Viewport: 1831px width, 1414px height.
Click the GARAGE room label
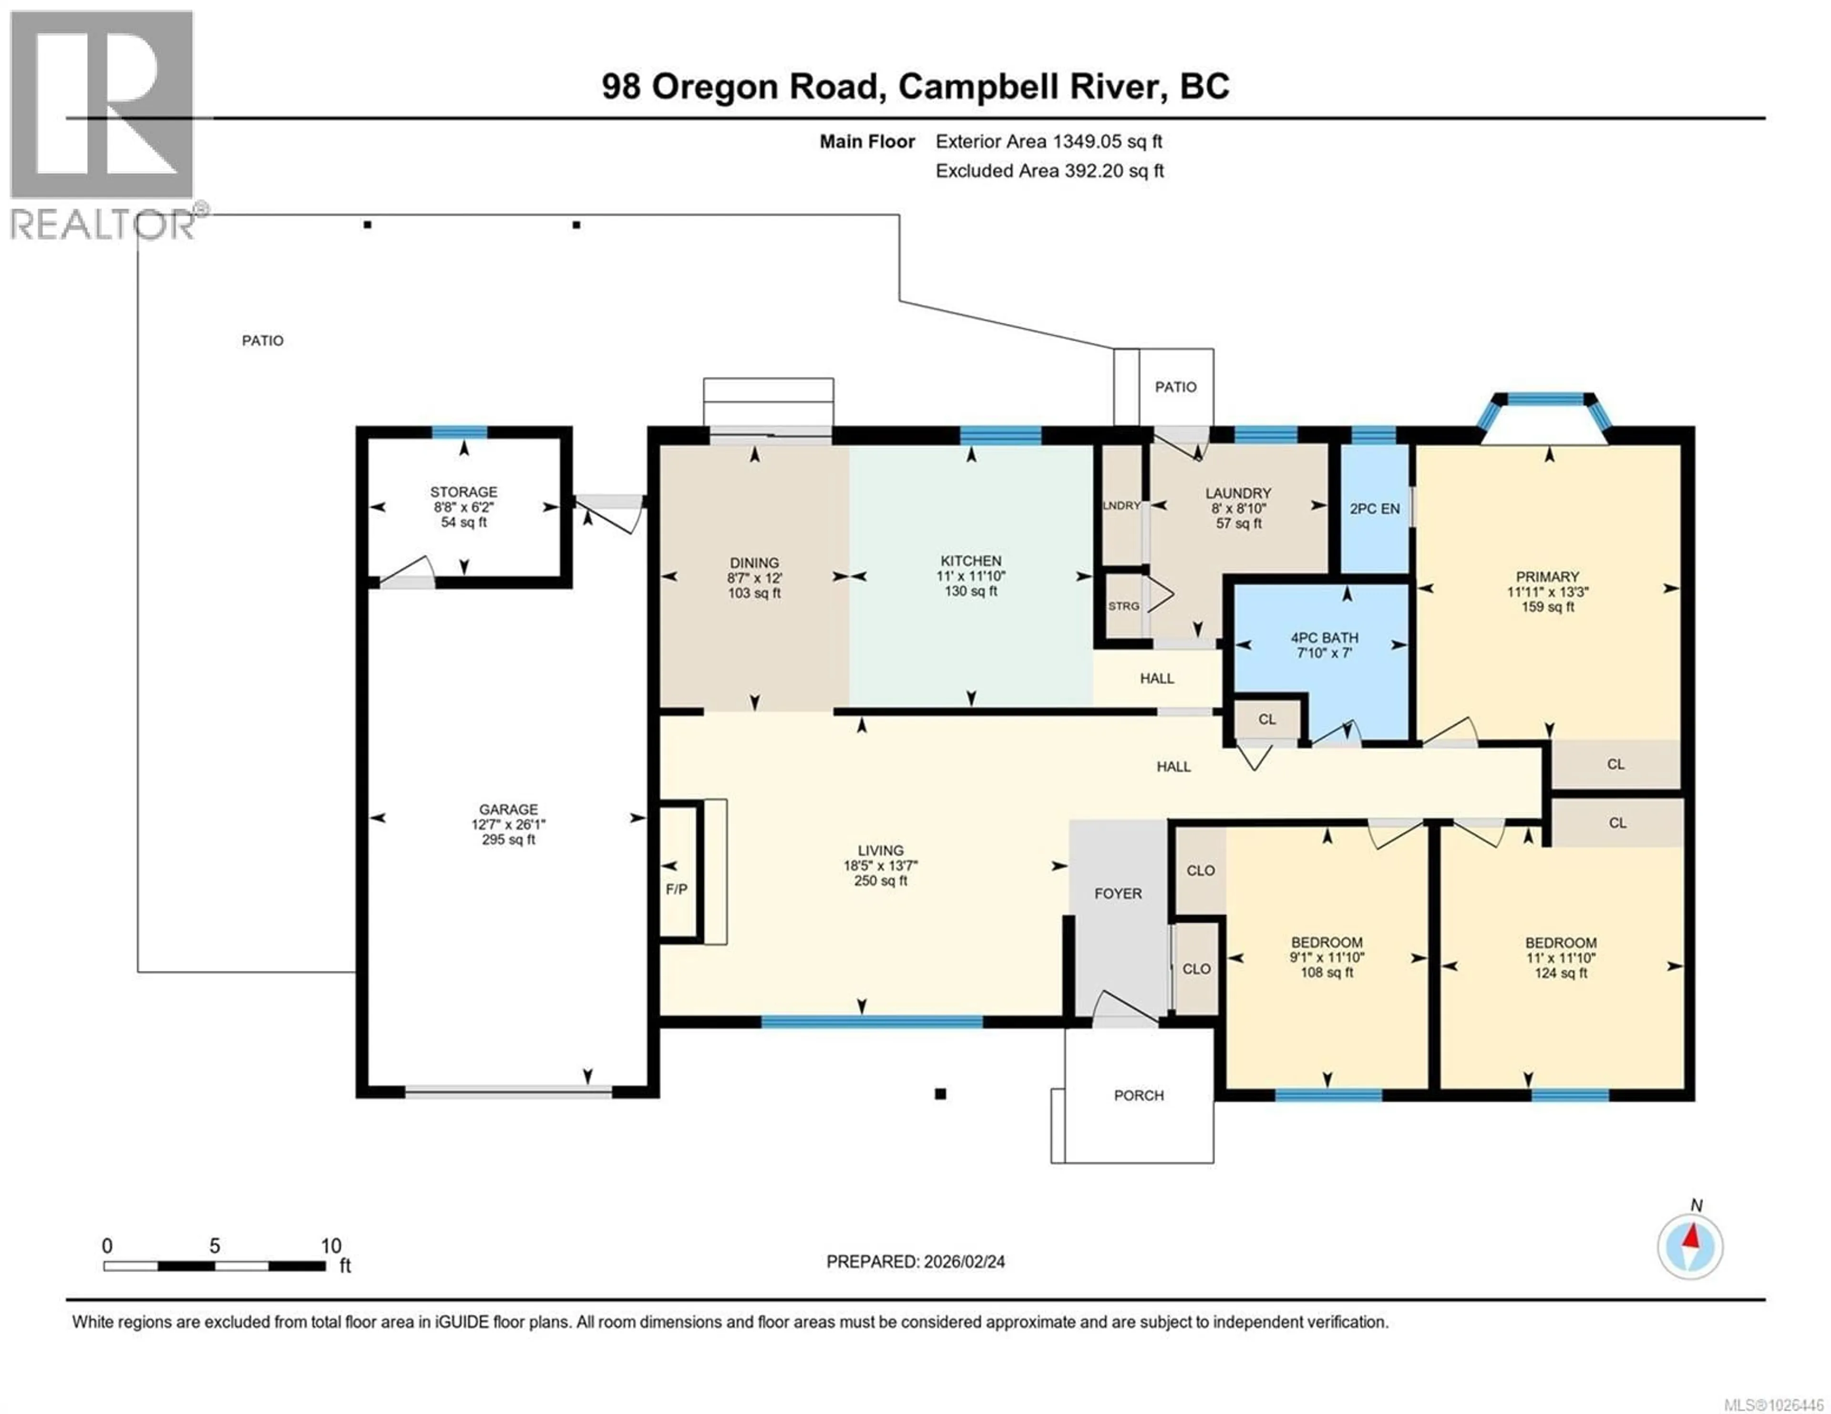[x=508, y=809]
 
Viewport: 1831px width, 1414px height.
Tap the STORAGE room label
[x=463, y=492]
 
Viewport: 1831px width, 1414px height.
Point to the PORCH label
[x=1139, y=1096]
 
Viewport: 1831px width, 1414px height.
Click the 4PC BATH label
[x=1325, y=638]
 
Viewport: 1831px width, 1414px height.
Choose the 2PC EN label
[x=1375, y=509]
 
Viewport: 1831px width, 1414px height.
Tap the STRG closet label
[x=1123, y=606]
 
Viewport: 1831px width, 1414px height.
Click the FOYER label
[x=1118, y=894]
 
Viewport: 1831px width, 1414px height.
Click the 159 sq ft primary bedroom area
[x=1548, y=607]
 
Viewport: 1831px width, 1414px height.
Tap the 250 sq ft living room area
[x=880, y=881]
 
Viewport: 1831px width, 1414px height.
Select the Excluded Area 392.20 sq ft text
[x=1049, y=171]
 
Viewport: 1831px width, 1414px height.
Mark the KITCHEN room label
[x=971, y=561]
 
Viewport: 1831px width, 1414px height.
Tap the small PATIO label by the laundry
[x=1175, y=387]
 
